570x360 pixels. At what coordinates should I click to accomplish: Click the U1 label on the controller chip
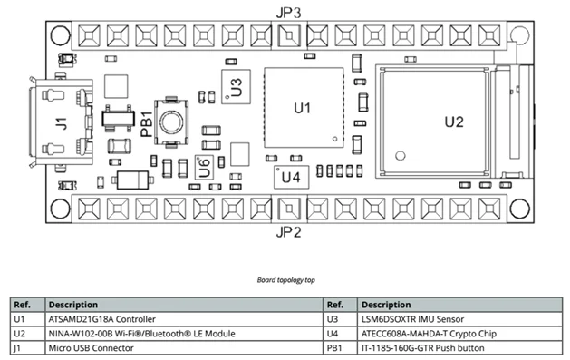tap(303, 108)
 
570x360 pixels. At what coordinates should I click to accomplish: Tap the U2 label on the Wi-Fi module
tap(454, 122)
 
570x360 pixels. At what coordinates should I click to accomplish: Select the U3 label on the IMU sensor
tap(236, 87)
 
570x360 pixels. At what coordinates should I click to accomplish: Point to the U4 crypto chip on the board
tap(291, 177)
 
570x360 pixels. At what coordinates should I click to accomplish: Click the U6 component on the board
tap(204, 167)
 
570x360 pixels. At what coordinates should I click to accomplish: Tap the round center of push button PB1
tap(171, 122)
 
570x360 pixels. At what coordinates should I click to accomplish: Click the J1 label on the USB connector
tap(62, 123)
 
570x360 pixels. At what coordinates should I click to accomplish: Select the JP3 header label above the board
tap(289, 13)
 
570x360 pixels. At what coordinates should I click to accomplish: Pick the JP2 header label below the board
tap(289, 232)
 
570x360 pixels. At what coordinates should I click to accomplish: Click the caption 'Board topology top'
tap(285, 280)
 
